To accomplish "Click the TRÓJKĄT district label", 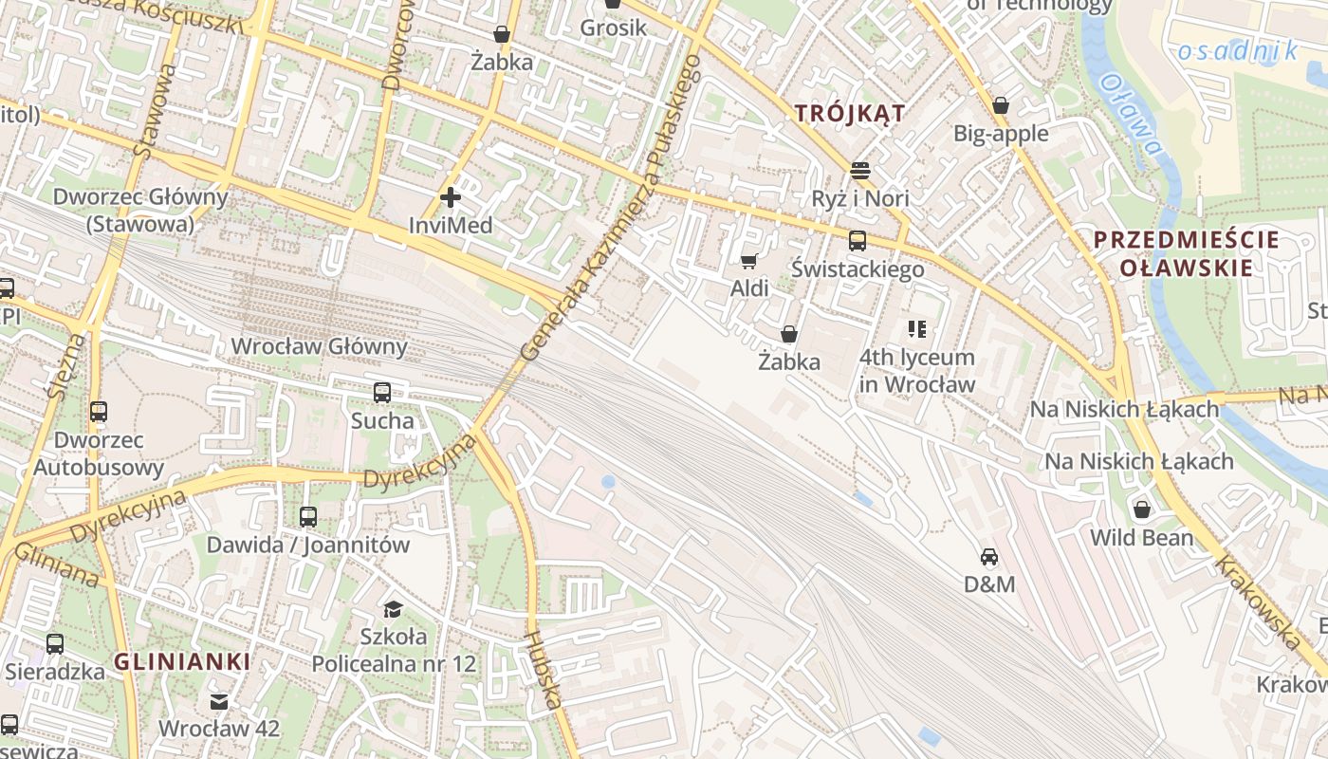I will (x=850, y=113).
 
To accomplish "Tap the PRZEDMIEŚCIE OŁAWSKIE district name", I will (x=1186, y=253).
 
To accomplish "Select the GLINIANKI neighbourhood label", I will (x=182, y=661).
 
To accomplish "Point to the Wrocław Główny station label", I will (x=319, y=346).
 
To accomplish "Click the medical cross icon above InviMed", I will (x=451, y=197).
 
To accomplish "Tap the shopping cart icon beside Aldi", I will (x=749, y=261).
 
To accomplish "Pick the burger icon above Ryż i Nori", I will (x=860, y=171).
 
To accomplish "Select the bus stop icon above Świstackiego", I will (x=858, y=241).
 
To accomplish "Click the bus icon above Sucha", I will (x=382, y=392).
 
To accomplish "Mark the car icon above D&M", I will (x=989, y=557).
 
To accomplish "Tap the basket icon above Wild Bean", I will (x=1142, y=509).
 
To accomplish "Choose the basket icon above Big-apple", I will (x=1001, y=105).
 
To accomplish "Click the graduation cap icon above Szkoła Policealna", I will (x=393, y=608).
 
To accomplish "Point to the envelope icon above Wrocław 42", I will (x=219, y=702).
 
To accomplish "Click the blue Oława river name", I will (x=1131, y=114).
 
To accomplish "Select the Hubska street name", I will (x=543, y=669).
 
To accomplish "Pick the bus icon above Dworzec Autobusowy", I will (x=99, y=412).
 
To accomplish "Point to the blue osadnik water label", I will (x=1237, y=50).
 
